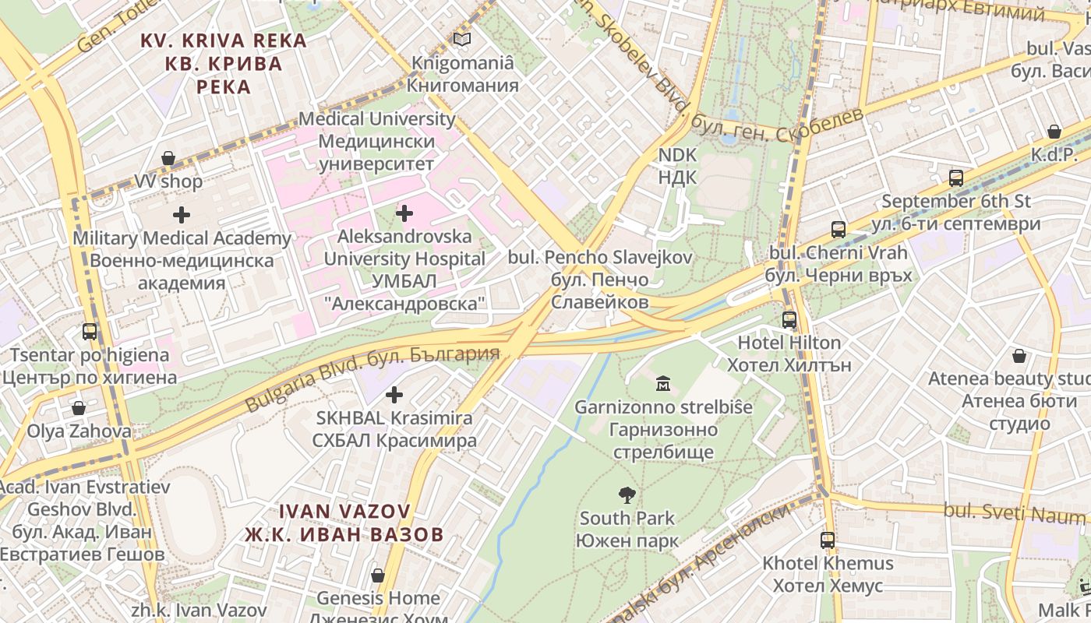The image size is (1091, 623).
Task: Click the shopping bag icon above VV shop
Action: click(x=168, y=159)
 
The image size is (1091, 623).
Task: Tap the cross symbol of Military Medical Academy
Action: click(x=182, y=214)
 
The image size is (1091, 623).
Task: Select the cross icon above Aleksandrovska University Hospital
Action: click(x=404, y=213)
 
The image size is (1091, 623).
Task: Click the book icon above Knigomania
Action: click(x=462, y=39)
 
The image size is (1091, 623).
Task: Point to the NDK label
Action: click(x=677, y=166)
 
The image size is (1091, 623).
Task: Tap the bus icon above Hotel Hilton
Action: click(x=789, y=319)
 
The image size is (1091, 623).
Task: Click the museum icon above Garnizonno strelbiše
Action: click(x=663, y=383)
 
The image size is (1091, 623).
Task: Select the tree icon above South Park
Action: click(x=627, y=495)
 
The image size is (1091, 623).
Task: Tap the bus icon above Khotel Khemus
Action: click(x=827, y=540)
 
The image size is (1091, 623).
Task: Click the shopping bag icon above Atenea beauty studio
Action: click(x=1019, y=356)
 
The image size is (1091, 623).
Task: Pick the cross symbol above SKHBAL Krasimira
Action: click(x=394, y=395)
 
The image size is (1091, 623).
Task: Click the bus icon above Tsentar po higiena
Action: click(x=90, y=332)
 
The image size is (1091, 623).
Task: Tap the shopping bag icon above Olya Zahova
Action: click(x=79, y=408)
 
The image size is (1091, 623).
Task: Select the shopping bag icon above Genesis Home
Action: click(x=378, y=575)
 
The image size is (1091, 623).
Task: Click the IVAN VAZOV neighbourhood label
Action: click(x=344, y=523)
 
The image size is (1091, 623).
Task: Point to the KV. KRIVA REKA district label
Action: click(x=223, y=62)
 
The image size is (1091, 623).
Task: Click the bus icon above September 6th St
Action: click(x=956, y=178)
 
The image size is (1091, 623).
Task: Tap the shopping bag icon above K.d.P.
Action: click(x=1054, y=132)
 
